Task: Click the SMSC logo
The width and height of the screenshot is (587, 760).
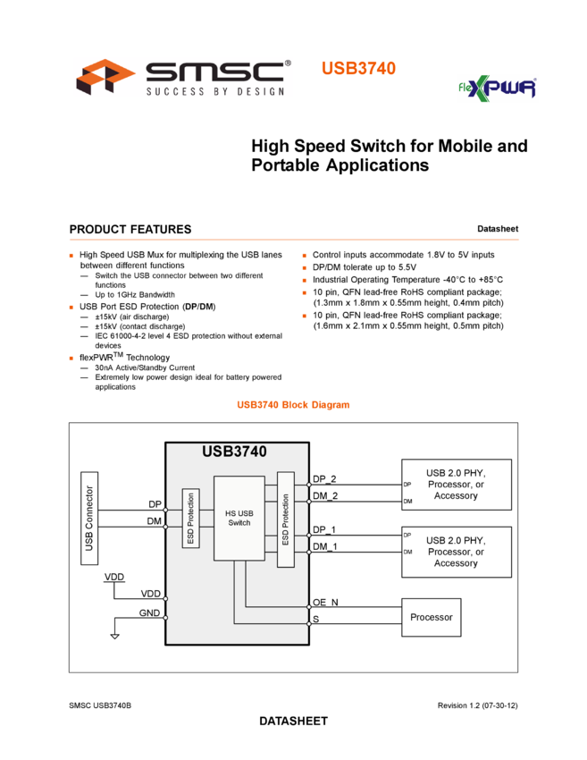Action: pyautogui.click(x=183, y=77)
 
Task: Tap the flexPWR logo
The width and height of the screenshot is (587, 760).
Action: pyautogui.click(x=486, y=89)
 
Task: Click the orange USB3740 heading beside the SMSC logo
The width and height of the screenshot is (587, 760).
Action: pyautogui.click(x=358, y=68)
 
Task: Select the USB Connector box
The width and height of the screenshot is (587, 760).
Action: pyautogui.click(x=88, y=518)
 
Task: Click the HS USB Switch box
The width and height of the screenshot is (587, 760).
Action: pyautogui.click(x=239, y=518)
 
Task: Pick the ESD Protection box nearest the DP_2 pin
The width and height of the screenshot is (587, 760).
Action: pyautogui.click(x=285, y=519)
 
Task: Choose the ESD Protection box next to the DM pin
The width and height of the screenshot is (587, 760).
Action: pyautogui.click(x=190, y=519)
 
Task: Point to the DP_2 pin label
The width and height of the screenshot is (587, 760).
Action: pyautogui.click(x=325, y=479)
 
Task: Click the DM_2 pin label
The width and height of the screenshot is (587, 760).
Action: pyautogui.click(x=325, y=496)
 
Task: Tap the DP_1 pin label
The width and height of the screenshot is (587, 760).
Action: pyautogui.click(x=325, y=530)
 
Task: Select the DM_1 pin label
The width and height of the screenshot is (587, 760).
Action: pyautogui.click(x=325, y=547)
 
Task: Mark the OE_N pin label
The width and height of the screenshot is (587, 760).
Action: pyautogui.click(x=325, y=602)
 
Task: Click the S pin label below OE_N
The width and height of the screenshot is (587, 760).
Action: pyautogui.click(x=315, y=618)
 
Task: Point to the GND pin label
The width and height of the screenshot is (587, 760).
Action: pyautogui.click(x=149, y=613)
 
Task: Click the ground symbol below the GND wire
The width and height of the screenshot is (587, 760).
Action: pyautogui.click(x=114, y=637)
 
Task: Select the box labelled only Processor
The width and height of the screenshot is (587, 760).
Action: pyautogui.click(x=431, y=617)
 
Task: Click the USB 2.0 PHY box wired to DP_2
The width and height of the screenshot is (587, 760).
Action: pyautogui.click(x=456, y=485)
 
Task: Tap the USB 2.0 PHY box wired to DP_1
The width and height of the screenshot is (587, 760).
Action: pyautogui.click(x=456, y=552)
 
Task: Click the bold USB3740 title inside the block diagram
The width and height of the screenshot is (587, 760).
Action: pyautogui.click(x=234, y=452)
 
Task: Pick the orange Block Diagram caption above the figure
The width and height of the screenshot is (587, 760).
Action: pyautogui.click(x=293, y=405)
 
